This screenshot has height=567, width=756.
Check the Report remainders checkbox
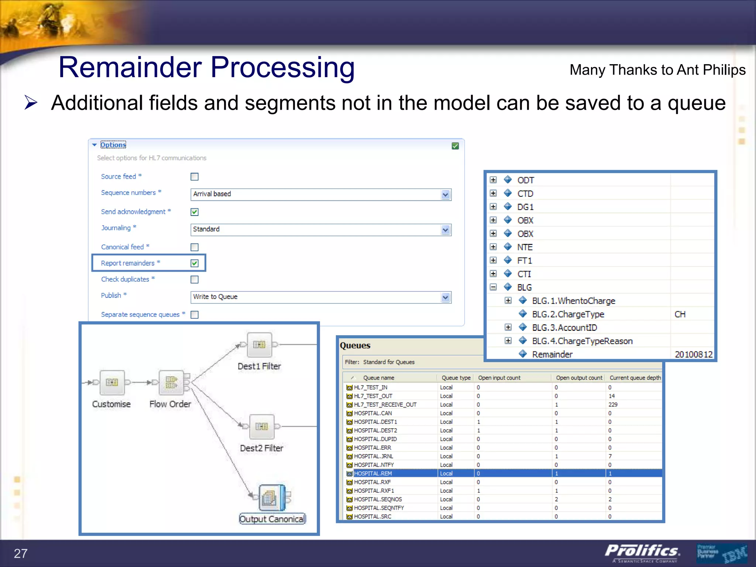tap(195, 263)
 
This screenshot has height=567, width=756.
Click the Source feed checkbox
tap(195, 177)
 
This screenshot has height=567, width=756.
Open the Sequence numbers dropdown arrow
tap(446, 195)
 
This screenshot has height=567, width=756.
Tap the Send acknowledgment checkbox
tap(195, 212)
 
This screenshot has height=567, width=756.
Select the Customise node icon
tap(112, 382)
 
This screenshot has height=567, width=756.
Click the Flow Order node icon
tap(171, 382)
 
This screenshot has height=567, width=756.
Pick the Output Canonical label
tap(272, 519)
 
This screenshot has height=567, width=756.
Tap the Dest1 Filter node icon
tap(259, 345)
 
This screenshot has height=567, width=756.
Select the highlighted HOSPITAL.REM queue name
tap(373, 474)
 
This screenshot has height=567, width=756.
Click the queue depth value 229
tap(613, 405)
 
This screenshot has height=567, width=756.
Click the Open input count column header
tap(499, 378)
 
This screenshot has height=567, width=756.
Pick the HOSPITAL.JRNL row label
tap(374, 456)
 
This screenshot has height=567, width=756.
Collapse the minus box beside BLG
tap(493, 287)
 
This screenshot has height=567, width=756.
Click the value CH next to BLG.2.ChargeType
tap(680, 314)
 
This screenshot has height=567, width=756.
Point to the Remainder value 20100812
tap(693, 354)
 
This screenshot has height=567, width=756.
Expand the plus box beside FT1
tap(493, 260)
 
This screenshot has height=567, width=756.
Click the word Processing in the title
tap(282, 68)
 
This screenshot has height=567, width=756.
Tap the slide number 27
tap(21, 553)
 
